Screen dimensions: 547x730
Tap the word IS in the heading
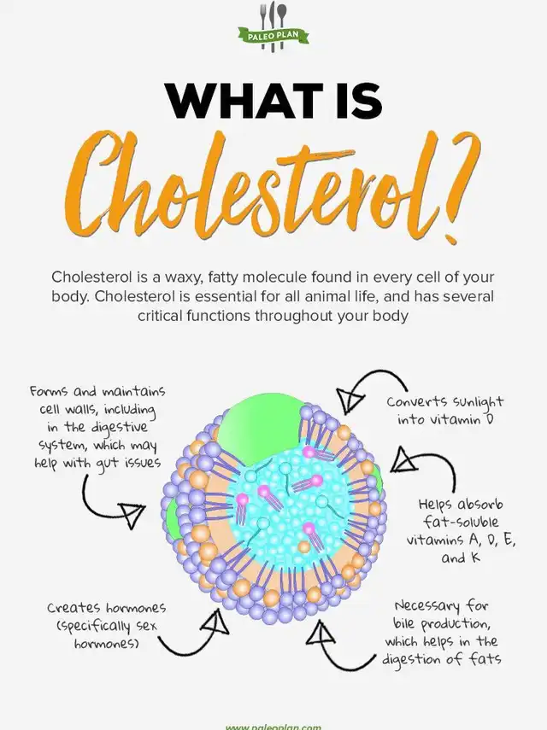click(356, 101)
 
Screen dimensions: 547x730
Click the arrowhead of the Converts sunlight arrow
click(349, 400)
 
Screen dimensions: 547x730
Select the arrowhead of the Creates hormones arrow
click(215, 622)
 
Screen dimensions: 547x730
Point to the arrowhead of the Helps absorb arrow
click(403, 460)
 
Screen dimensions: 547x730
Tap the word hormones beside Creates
click(136, 608)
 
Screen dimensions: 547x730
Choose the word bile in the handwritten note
click(406, 623)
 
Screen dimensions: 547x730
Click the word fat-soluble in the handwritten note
click(461, 522)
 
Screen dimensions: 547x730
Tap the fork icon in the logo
click(264, 19)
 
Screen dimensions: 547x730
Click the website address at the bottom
click(273, 727)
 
